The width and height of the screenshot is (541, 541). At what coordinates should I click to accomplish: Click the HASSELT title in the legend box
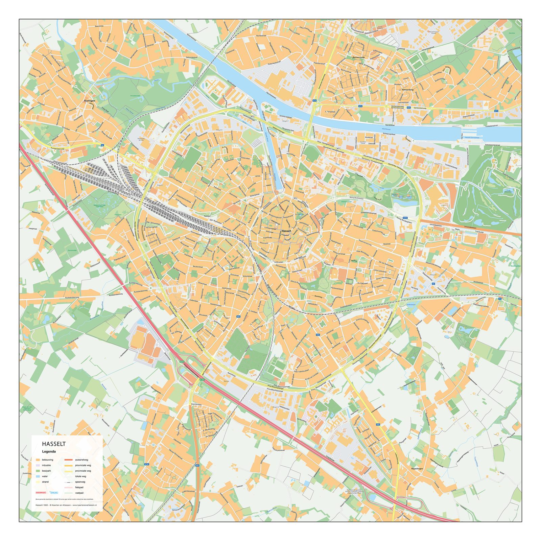(x=54, y=444)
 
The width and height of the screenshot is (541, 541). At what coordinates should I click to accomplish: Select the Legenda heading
(x=49, y=451)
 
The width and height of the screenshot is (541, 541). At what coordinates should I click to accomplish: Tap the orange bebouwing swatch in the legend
(x=38, y=460)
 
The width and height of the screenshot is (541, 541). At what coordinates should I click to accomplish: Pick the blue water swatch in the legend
(x=38, y=476)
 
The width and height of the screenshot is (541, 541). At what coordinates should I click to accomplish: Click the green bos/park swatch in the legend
(x=38, y=471)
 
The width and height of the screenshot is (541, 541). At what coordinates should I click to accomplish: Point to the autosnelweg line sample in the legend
(x=69, y=460)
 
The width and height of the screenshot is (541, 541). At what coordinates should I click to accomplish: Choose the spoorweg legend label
(x=80, y=482)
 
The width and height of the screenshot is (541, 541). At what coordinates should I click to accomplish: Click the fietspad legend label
(x=79, y=487)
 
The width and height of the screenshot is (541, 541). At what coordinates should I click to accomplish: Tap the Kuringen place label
(x=90, y=101)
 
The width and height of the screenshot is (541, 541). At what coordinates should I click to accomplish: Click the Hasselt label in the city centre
(x=286, y=231)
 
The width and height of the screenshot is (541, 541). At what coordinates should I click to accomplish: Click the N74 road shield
(x=315, y=100)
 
